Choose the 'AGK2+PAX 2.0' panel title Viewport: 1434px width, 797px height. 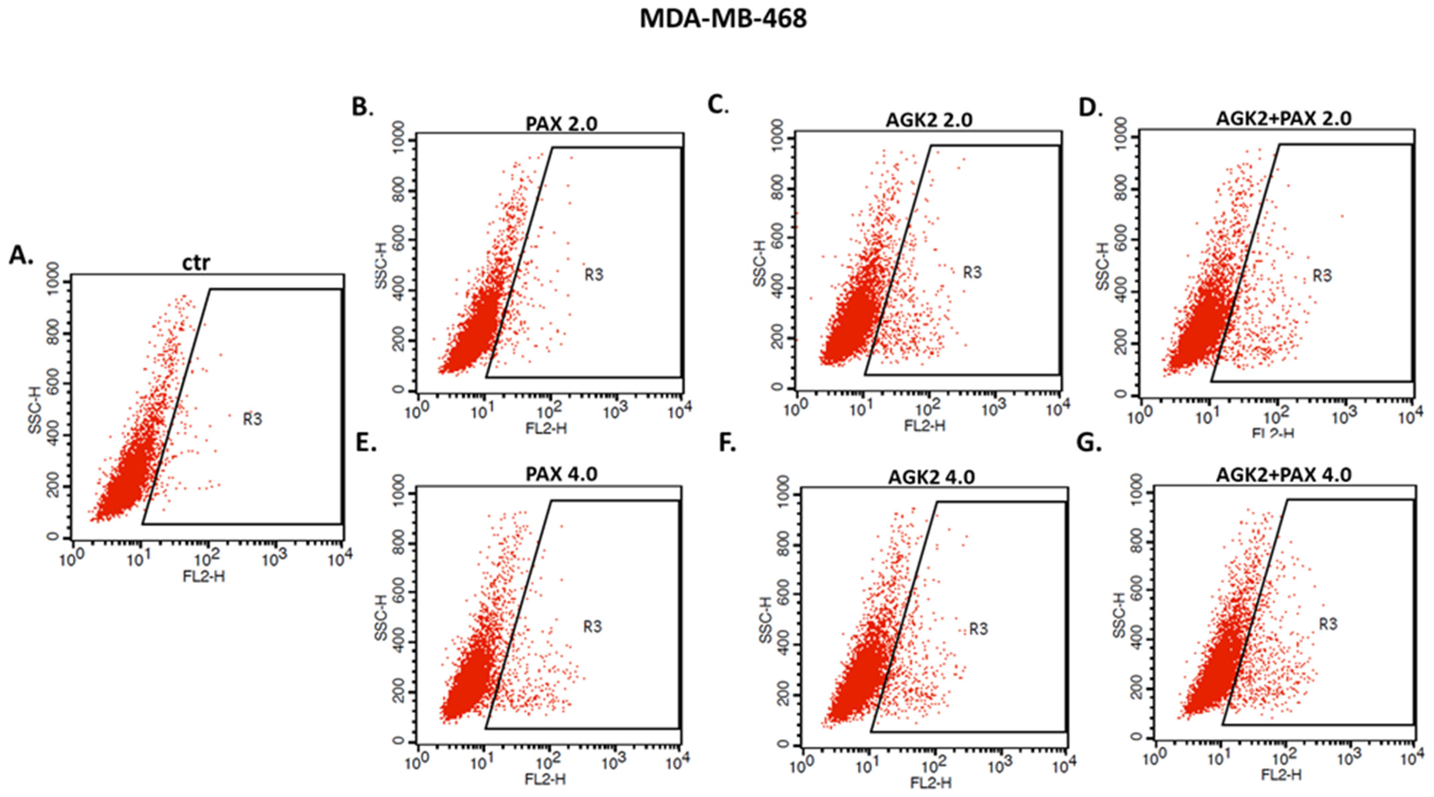click(1283, 118)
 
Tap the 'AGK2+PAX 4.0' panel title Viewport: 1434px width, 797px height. click(1283, 475)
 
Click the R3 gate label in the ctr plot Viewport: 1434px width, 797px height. click(252, 419)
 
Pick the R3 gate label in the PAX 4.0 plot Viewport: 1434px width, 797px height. click(592, 627)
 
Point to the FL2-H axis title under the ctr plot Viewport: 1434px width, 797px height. click(204, 576)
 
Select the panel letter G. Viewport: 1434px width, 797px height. click(1089, 444)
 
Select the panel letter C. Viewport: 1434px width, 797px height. click(718, 105)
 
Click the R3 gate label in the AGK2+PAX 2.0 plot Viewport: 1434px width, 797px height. click(1322, 276)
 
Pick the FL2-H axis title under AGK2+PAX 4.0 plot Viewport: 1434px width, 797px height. click(1282, 775)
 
